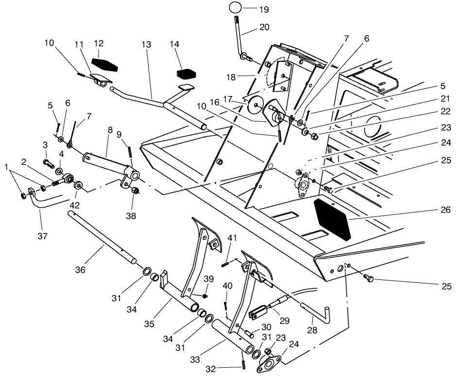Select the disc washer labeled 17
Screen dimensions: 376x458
tap(254, 103)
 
